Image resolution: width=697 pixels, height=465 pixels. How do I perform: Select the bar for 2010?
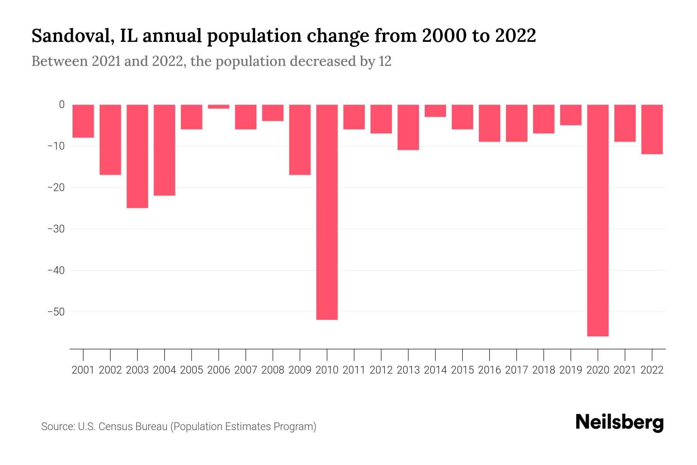coord(327,212)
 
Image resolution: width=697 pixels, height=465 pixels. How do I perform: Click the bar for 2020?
coord(597,220)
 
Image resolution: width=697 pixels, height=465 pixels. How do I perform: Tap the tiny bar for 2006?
coord(218,107)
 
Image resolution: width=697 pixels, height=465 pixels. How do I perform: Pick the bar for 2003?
coord(137,156)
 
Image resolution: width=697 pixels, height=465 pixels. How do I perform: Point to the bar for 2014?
coord(435,111)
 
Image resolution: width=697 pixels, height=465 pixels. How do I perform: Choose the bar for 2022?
coord(652,129)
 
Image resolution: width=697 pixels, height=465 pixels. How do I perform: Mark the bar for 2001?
coord(83,121)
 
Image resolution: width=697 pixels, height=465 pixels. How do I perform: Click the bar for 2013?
coord(408,127)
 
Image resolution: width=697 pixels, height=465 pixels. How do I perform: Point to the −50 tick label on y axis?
coord(56,312)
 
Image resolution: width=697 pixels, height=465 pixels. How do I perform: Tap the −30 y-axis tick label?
coord(56,229)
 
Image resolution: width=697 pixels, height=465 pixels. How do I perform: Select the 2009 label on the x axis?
coord(300,370)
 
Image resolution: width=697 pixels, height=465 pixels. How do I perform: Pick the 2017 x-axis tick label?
coord(516,370)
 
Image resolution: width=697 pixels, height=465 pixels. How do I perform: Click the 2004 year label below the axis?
coord(165,370)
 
